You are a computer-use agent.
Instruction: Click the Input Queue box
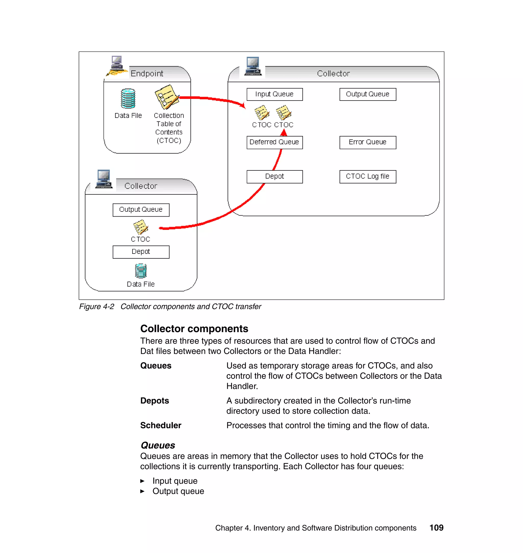point(274,94)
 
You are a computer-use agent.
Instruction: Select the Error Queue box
point(367,142)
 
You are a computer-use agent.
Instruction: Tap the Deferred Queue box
point(274,142)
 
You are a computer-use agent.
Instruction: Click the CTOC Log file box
point(367,177)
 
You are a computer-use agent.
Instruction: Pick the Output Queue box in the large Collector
point(367,94)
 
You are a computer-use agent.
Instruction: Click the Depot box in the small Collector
point(141,252)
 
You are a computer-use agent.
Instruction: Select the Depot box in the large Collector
point(274,177)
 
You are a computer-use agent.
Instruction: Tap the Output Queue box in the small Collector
point(141,210)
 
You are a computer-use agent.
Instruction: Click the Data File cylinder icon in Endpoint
point(128,98)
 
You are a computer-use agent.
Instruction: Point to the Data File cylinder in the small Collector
point(140,271)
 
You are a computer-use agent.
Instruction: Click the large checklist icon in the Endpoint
point(167,97)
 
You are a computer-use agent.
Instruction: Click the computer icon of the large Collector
point(253,66)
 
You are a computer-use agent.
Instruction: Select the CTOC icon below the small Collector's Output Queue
point(140,227)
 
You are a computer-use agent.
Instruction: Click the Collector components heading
point(194,329)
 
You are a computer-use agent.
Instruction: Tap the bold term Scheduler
point(161,425)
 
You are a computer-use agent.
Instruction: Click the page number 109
point(436,528)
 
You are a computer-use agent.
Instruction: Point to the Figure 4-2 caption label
point(97,307)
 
